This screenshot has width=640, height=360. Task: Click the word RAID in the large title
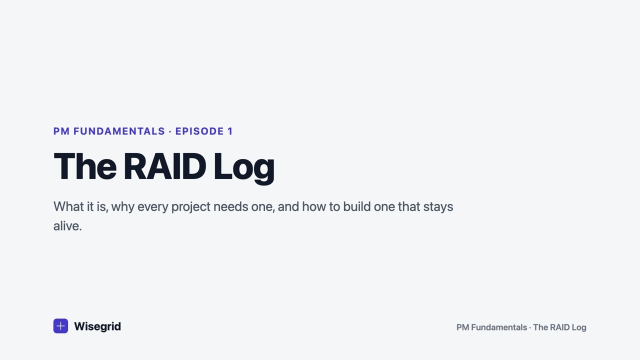tap(165, 166)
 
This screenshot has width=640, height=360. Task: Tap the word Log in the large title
tap(244, 168)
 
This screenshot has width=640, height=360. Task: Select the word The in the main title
tap(85, 166)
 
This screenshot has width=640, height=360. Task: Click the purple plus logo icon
tap(60, 326)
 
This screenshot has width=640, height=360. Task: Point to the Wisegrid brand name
tap(97, 326)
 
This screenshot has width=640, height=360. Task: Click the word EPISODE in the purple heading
tap(199, 131)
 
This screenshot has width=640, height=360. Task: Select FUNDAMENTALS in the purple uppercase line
tap(119, 131)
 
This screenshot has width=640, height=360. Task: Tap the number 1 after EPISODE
tap(230, 131)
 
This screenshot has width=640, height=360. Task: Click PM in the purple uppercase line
tap(61, 131)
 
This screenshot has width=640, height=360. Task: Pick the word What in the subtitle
tap(68, 206)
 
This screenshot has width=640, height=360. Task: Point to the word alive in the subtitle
tap(66, 226)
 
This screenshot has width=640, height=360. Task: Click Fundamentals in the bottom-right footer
tap(499, 327)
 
